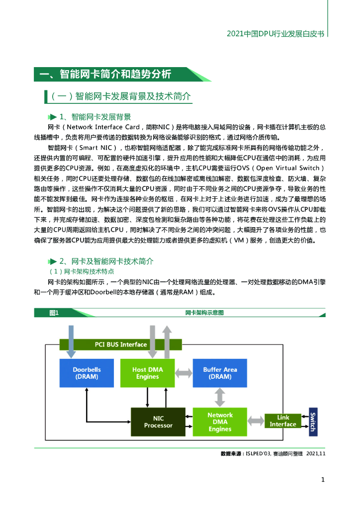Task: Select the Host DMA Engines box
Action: (x=148, y=373)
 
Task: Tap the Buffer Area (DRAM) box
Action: (x=220, y=373)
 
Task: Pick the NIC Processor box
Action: (x=158, y=422)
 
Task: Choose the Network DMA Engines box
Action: (x=220, y=422)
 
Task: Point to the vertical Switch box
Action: (x=313, y=421)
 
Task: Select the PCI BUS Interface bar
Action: (x=121, y=344)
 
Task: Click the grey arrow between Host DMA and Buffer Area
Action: (x=184, y=372)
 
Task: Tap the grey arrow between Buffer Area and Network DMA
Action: (x=220, y=397)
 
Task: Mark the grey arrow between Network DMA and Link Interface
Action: (x=256, y=421)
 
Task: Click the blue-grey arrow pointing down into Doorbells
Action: (x=71, y=341)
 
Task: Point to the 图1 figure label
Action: (x=54, y=313)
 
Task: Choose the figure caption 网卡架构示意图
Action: (x=204, y=313)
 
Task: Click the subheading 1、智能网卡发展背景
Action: (x=95, y=117)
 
